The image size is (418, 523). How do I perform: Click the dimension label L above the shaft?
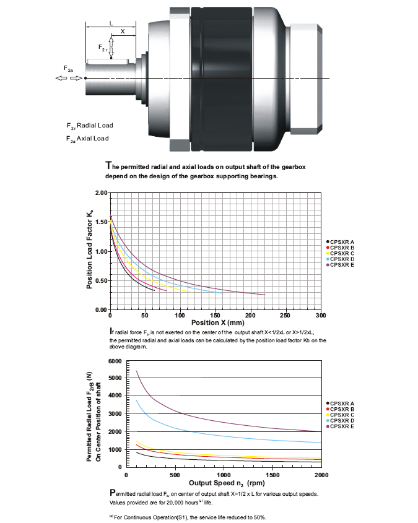coord(111,24)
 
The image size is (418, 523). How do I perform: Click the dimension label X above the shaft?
coord(123,32)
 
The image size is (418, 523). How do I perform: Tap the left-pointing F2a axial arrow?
coord(61,78)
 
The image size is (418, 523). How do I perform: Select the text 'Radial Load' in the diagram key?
coord(95,126)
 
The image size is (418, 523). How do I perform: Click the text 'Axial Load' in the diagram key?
coord(93,139)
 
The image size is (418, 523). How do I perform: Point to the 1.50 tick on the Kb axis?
coord(101,222)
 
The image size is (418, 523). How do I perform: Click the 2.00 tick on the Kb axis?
coord(101,192)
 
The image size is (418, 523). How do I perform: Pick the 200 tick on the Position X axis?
coord(250,316)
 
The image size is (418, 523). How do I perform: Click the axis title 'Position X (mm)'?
coord(218,323)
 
